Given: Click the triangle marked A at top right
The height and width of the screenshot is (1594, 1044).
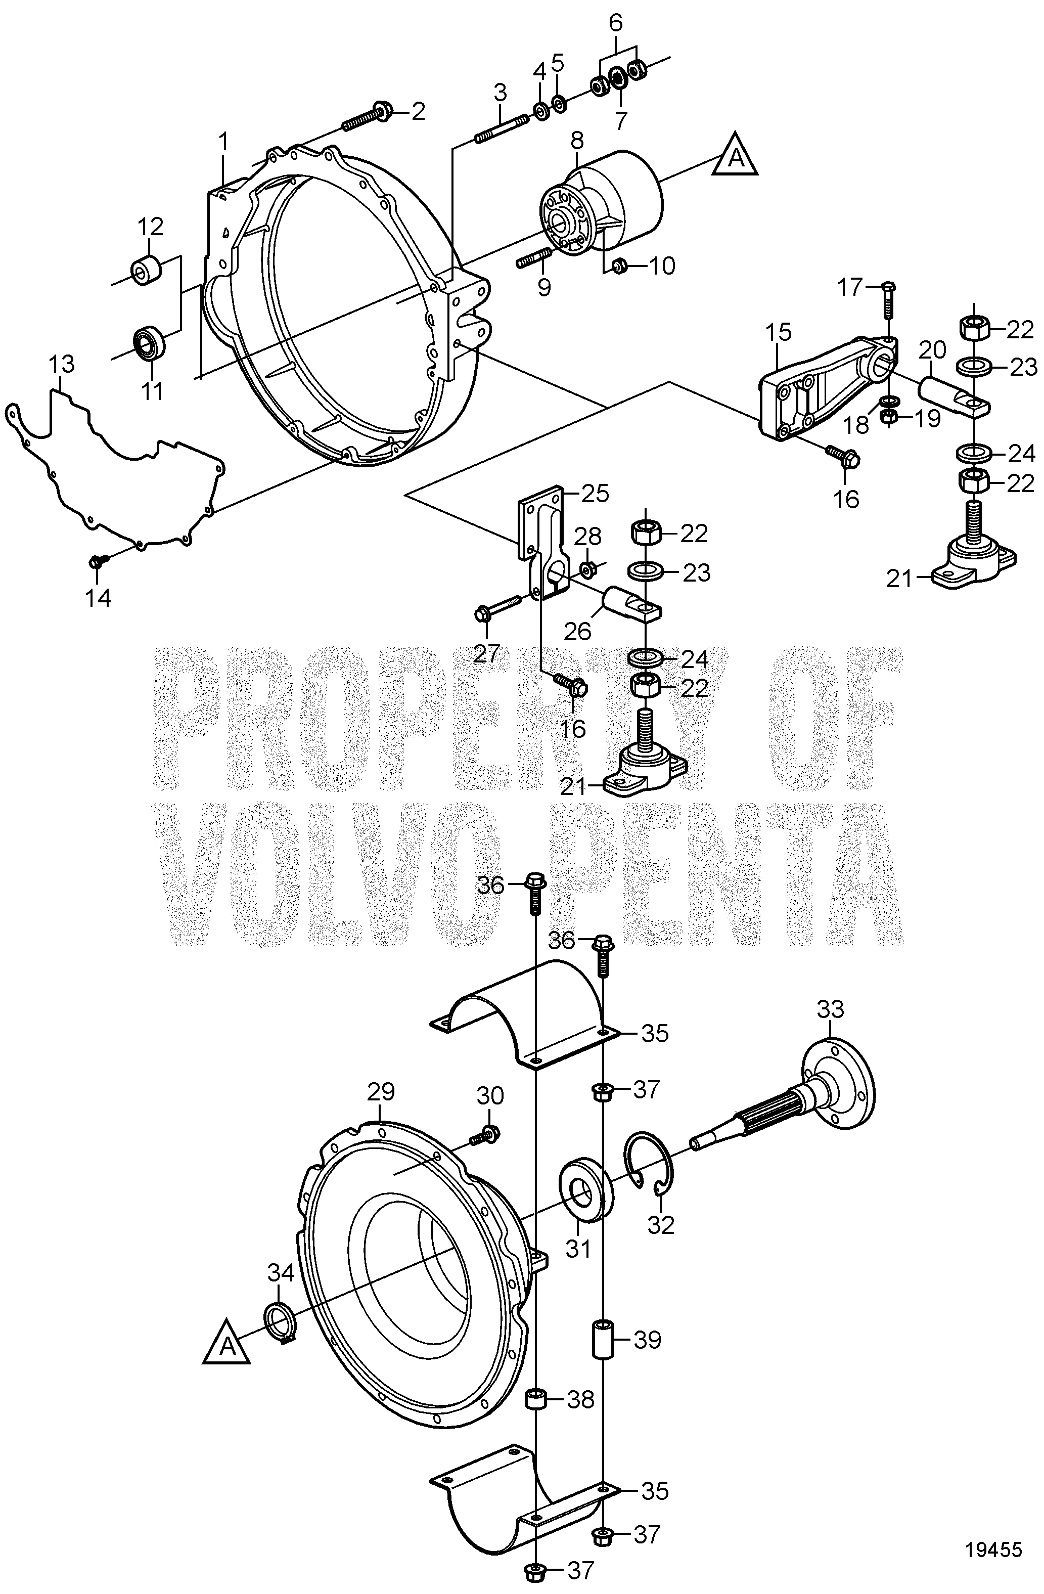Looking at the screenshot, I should coord(735,161).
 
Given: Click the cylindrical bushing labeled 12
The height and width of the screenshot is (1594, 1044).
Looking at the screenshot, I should coord(148,271).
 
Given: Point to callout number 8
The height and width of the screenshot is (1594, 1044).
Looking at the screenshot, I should coord(576,141).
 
